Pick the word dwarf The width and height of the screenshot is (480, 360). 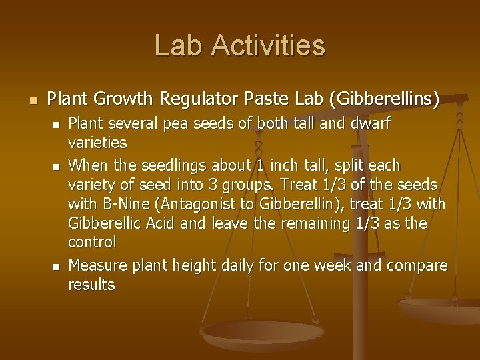(x=369, y=124)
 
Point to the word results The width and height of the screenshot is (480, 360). (x=92, y=285)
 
